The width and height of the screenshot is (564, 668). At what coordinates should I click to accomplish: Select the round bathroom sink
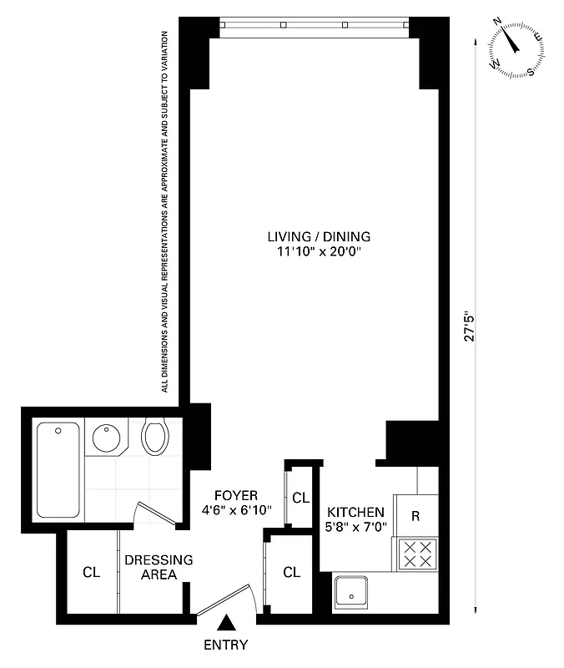[105, 439]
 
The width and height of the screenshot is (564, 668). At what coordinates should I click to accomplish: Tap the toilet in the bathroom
[154, 435]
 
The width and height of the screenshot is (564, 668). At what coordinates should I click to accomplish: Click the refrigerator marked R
[415, 515]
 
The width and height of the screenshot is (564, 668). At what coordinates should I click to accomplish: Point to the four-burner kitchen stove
[415, 554]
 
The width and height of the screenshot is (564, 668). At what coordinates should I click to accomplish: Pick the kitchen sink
[355, 594]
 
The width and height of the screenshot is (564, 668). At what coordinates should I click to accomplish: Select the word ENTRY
[225, 645]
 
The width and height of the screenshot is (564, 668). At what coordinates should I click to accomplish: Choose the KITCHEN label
[355, 512]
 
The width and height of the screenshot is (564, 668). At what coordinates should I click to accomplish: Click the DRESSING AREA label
[159, 567]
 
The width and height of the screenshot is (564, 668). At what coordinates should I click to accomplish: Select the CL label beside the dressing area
[91, 573]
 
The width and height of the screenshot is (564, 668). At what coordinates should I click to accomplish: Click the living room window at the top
[314, 26]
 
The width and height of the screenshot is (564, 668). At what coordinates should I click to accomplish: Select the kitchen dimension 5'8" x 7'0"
[355, 527]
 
